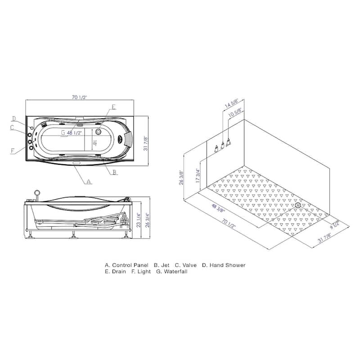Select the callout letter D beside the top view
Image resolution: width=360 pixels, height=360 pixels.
(x=14, y=119)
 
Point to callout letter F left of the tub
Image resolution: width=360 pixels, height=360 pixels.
(x=13, y=150)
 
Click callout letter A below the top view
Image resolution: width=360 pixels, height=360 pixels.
(x=89, y=182)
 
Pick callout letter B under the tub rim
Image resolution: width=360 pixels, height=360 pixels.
(x=115, y=172)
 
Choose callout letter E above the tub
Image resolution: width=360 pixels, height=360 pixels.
(x=113, y=107)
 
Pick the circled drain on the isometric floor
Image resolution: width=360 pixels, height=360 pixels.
(x=297, y=206)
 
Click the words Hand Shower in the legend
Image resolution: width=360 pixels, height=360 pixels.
(x=227, y=265)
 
